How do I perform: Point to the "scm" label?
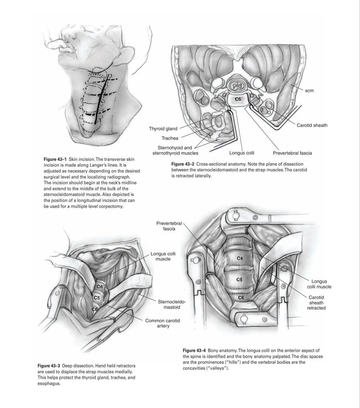pyautogui.click(x=309, y=91)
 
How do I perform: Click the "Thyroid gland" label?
pyautogui.click(x=163, y=129)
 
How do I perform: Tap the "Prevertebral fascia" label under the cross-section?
pyautogui.click(x=292, y=152)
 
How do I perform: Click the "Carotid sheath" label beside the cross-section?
pyautogui.click(x=312, y=125)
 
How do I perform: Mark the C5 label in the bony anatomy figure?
pyautogui.click(x=239, y=280)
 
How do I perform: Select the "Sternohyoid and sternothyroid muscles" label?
pyautogui.click(x=176, y=150)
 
